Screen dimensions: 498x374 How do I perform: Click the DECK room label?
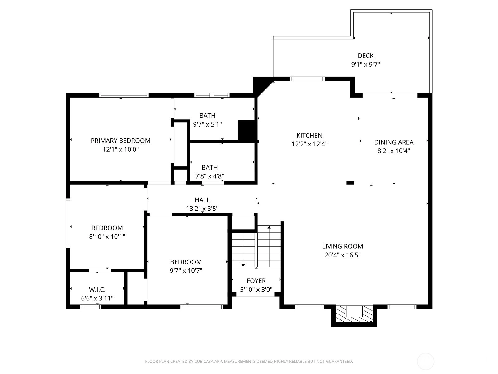point(365,56)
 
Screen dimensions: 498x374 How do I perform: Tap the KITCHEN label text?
point(309,135)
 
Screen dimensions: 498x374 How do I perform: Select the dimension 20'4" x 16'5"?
point(342,255)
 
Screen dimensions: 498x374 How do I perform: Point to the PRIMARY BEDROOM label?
point(120,141)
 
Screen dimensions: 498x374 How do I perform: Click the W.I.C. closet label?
point(97,290)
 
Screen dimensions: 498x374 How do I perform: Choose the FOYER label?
point(256,281)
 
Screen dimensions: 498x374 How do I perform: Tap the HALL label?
point(202,200)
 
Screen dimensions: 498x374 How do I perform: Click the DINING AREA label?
point(394,142)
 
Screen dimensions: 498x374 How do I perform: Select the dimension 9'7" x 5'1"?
point(207,124)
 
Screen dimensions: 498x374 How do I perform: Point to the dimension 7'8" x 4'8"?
point(209,176)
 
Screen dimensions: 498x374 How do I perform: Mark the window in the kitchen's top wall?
point(307,79)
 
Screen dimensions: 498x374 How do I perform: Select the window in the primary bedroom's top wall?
point(124,95)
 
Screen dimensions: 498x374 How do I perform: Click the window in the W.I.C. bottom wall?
point(91,307)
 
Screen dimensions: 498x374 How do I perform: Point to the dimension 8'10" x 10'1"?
point(107,237)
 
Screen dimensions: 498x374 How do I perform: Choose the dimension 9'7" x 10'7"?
point(186,271)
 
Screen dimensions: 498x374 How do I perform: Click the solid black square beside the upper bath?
point(247,130)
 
